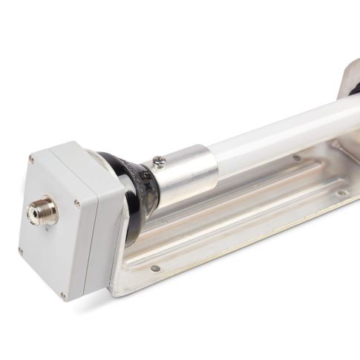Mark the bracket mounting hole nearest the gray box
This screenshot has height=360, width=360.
[154, 269]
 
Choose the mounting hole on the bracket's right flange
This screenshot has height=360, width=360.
[340, 193]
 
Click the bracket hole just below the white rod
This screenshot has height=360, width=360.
[296, 158]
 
